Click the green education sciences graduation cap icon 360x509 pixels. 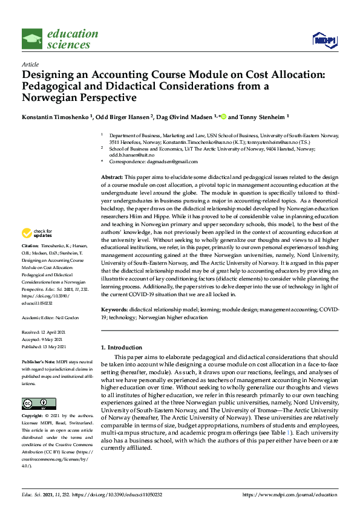pos(33,39)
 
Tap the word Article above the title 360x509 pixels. pos(30,64)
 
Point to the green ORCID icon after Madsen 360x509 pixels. pos(223,116)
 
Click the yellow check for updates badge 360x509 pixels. pos(37,233)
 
